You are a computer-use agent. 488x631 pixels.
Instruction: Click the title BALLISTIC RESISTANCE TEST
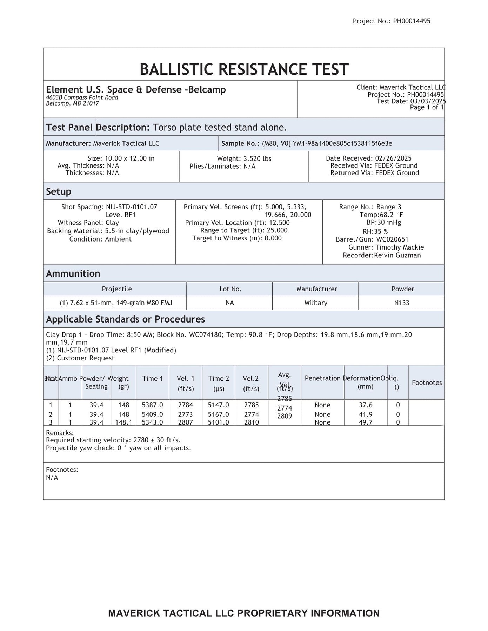[x=244, y=69]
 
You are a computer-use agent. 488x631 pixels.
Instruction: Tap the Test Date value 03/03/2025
[x=428, y=101]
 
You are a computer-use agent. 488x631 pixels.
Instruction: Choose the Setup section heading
[x=59, y=191]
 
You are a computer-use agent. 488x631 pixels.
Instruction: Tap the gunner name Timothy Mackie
[x=400, y=247]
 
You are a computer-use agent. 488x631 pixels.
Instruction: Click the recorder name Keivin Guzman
[x=397, y=255]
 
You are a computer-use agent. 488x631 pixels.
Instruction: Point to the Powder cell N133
[x=401, y=303]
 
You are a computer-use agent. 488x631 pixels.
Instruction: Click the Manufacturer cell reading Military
[x=315, y=303]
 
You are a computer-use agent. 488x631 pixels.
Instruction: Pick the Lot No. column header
[x=230, y=289]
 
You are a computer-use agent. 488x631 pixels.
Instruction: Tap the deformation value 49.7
[x=366, y=422]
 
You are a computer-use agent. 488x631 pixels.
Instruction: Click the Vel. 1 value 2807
[x=185, y=422]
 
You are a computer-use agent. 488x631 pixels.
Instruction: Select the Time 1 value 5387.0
[x=152, y=405]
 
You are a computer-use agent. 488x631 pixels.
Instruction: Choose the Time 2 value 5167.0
[x=218, y=414]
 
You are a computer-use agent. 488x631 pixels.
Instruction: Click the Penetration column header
[x=322, y=378]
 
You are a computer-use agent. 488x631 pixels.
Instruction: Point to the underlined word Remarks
[x=60, y=433]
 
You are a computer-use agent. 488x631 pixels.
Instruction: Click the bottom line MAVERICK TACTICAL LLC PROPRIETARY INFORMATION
[x=244, y=613]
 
